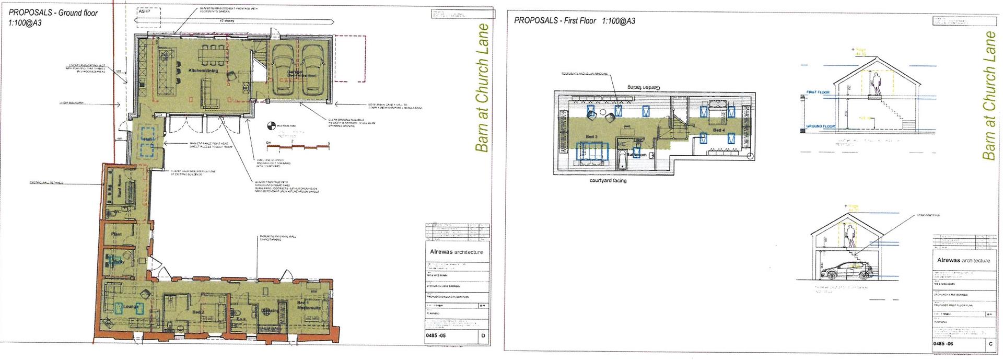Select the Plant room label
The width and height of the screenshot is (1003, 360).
[x=116, y=234]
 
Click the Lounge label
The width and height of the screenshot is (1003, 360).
[x=130, y=307]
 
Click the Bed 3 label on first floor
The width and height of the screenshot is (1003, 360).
[x=591, y=137]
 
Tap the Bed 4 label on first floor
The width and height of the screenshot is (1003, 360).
[x=719, y=130]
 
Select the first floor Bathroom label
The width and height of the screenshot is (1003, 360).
[x=637, y=155]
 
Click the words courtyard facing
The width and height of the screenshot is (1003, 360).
[x=608, y=181]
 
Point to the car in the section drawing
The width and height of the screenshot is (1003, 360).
[x=847, y=269]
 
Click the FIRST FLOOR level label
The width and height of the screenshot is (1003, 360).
[x=818, y=92]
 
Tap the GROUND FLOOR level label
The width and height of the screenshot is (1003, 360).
[x=821, y=126]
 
